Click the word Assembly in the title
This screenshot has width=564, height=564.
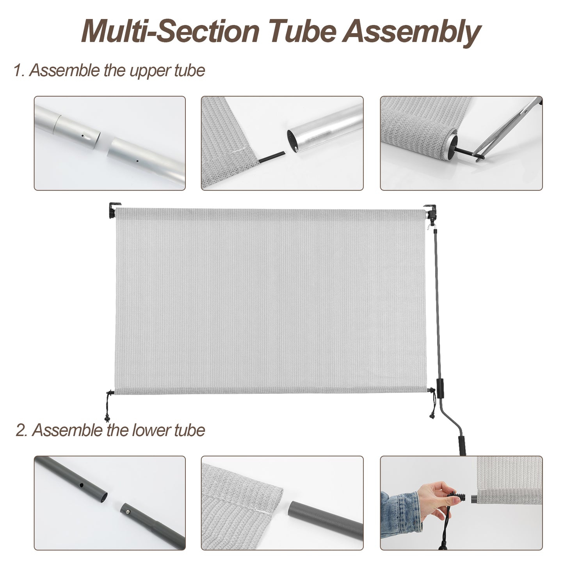tap(411, 32)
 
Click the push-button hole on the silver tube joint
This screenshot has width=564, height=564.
tap(83, 137)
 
